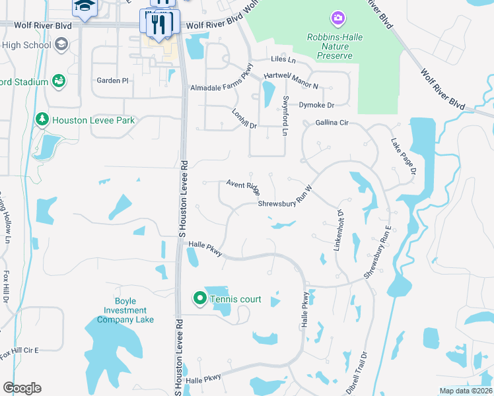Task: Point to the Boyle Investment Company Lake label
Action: pos(125,310)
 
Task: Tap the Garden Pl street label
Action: pos(112,81)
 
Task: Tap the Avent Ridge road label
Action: pos(244,186)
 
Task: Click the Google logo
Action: pos(22,388)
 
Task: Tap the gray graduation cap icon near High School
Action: pos(61,44)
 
